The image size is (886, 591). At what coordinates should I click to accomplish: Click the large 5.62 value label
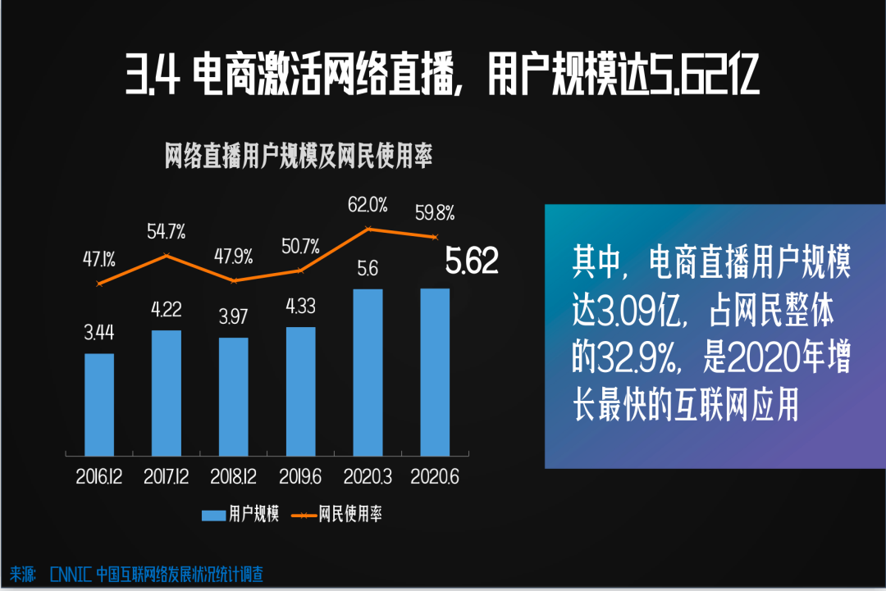pos(472,261)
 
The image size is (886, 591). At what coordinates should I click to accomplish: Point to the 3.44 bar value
pos(99,333)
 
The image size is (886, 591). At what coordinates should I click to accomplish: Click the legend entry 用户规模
pos(242,515)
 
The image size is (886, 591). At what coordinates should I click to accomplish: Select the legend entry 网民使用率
pos(337,515)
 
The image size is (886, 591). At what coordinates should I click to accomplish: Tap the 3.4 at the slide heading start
pos(153,78)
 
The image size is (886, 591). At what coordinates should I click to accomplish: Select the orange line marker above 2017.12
pos(167,256)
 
